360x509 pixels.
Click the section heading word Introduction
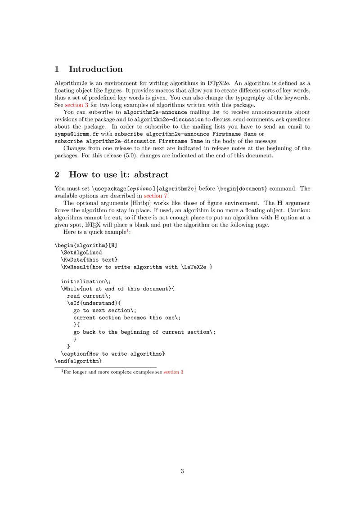(95, 69)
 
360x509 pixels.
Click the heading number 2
(57, 174)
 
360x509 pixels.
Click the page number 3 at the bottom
(182, 471)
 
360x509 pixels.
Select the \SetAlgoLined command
(81, 253)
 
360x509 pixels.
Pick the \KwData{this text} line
(89, 260)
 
